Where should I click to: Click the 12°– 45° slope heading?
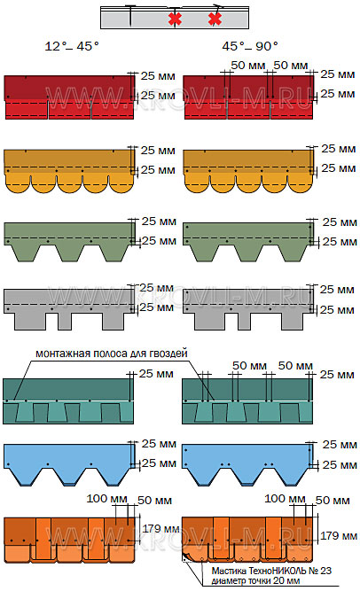click(72, 46)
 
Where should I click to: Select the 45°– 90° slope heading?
click(250, 46)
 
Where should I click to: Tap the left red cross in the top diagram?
click(175, 19)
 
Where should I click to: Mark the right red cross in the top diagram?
click(215, 19)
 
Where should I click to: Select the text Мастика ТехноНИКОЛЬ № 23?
click(271, 571)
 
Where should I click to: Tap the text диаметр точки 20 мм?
click(255, 581)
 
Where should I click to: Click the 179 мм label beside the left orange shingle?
click(160, 529)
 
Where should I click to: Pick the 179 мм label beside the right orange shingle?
click(339, 535)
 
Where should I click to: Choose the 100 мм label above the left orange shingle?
click(106, 499)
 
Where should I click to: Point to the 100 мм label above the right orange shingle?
click(285, 499)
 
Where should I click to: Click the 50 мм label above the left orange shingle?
click(154, 501)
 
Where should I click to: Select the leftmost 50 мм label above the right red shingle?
click(248, 66)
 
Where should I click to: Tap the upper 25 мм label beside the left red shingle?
click(158, 76)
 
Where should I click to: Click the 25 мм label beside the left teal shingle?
click(156, 374)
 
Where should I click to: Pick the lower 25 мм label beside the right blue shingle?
click(340, 464)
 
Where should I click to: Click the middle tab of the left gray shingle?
click(65, 320)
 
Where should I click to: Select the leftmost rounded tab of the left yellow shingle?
click(18, 183)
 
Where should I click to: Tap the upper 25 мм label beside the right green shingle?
click(340, 222)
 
